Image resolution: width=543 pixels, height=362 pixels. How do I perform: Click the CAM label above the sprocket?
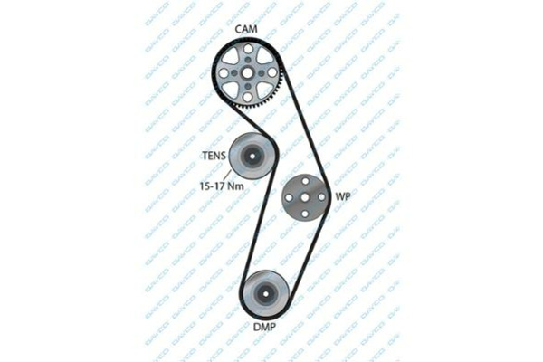(246, 29)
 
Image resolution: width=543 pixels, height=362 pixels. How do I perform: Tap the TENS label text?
(214, 156)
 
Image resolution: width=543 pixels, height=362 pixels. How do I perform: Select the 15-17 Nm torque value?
(222, 186)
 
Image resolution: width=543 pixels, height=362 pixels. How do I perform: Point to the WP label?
(343, 196)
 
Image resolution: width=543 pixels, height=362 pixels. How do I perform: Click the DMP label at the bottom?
(265, 327)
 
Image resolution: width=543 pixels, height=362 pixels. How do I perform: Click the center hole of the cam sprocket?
(248, 73)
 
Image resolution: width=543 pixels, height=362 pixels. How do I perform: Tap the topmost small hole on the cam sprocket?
(248, 49)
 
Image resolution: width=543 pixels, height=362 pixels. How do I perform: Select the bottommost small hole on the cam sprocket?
(248, 98)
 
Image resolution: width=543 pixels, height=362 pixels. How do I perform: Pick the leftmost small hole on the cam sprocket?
(224, 73)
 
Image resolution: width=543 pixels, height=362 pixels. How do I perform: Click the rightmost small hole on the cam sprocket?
(272, 72)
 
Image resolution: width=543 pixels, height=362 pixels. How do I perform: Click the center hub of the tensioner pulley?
(252, 157)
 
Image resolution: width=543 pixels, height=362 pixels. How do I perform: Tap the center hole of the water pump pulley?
(305, 197)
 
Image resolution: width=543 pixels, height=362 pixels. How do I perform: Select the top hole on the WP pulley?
(305, 181)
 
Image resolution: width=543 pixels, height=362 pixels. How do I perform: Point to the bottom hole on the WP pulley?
(305, 214)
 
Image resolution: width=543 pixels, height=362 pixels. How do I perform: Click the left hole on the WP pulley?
(288, 197)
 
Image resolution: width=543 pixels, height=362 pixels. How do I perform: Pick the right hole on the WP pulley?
(321, 197)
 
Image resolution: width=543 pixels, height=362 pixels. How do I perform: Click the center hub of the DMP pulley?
(265, 294)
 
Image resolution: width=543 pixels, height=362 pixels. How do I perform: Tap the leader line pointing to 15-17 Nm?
(229, 176)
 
